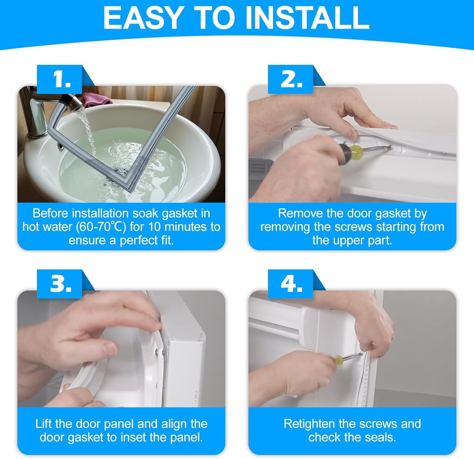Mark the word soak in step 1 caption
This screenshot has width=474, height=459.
point(145,214)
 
